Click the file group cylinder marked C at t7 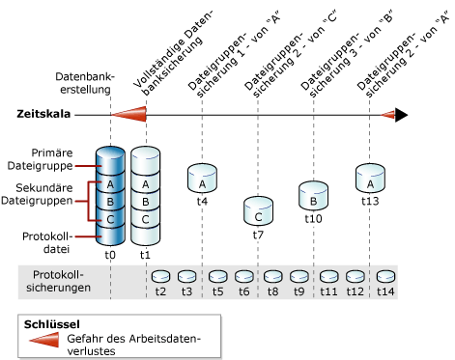[258, 209]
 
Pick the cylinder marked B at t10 [314, 194]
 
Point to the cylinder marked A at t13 [369, 178]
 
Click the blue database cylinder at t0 [110, 198]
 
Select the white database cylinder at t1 [145, 198]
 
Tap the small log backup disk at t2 [160, 276]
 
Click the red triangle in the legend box [45, 337]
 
